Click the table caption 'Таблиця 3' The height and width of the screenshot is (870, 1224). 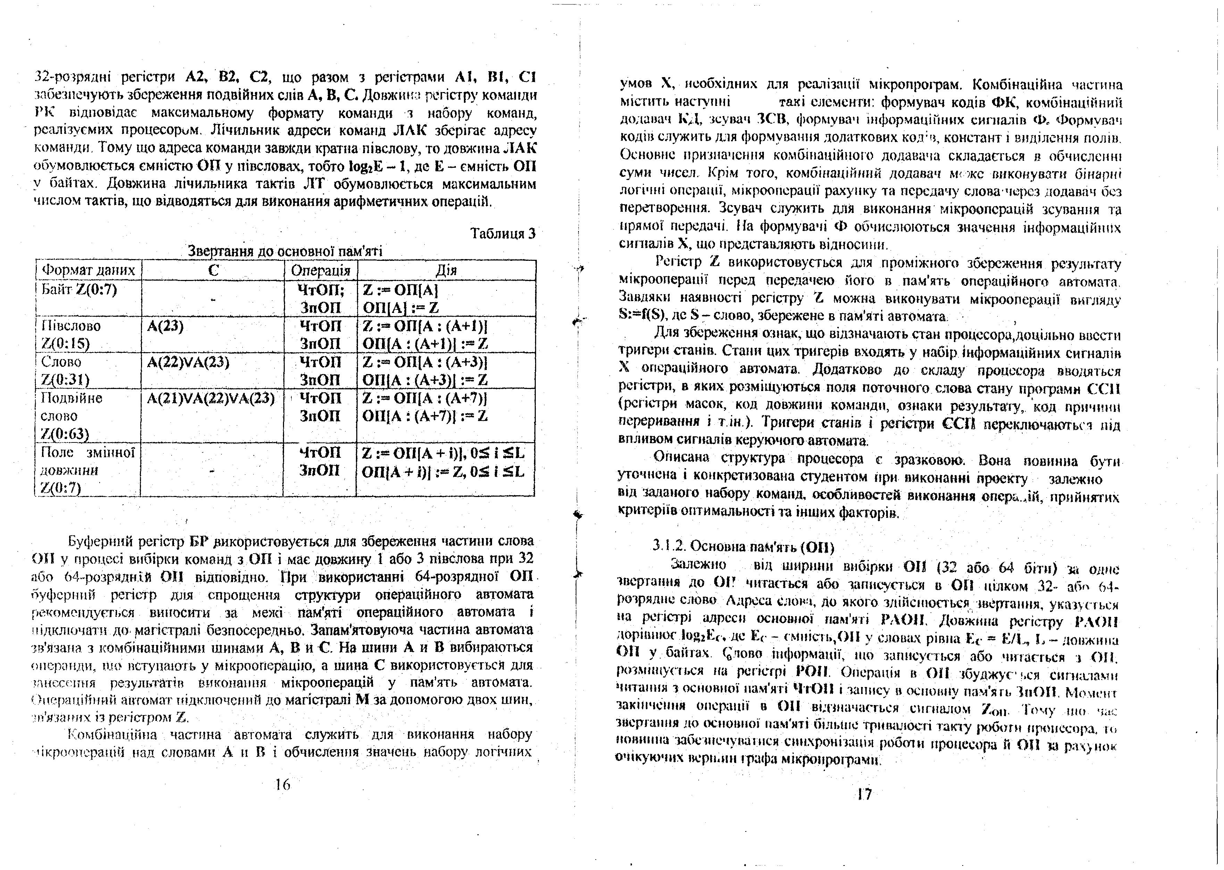[502, 234]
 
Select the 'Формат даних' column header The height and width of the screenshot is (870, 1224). [89, 270]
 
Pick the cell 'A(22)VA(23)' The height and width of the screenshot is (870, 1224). [188, 363]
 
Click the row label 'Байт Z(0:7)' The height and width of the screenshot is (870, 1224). [79, 290]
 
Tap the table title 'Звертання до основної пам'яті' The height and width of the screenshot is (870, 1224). [285, 251]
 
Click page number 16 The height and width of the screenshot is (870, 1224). [282, 785]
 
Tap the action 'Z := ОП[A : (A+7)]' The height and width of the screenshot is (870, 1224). [425, 399]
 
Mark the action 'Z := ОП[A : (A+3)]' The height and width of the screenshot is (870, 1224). [425, 363]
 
